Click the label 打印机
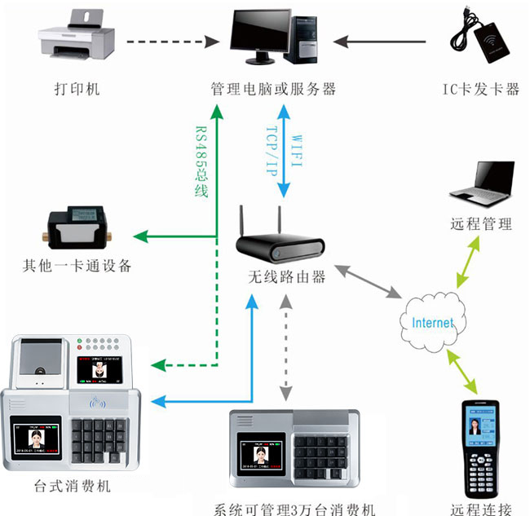77,88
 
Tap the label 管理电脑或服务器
272,88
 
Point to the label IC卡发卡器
480,89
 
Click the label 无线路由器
287,276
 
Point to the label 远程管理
481,224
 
